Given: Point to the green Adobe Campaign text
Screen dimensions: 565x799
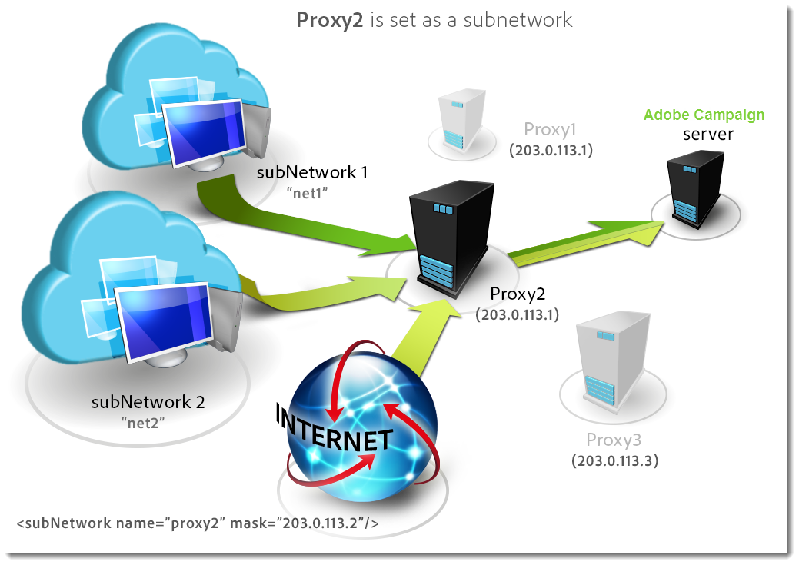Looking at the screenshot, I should [704, 115].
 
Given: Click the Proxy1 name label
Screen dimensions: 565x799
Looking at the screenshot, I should [550, 129].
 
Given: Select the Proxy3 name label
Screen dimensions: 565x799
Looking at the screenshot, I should [614, 440].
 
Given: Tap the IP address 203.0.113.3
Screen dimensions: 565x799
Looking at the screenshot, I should [614, 461].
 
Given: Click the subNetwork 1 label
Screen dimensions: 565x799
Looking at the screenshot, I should [311, 172].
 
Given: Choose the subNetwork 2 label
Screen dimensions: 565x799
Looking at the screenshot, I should [148, 401].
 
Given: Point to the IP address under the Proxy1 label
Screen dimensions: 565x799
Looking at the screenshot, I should [551, 150].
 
